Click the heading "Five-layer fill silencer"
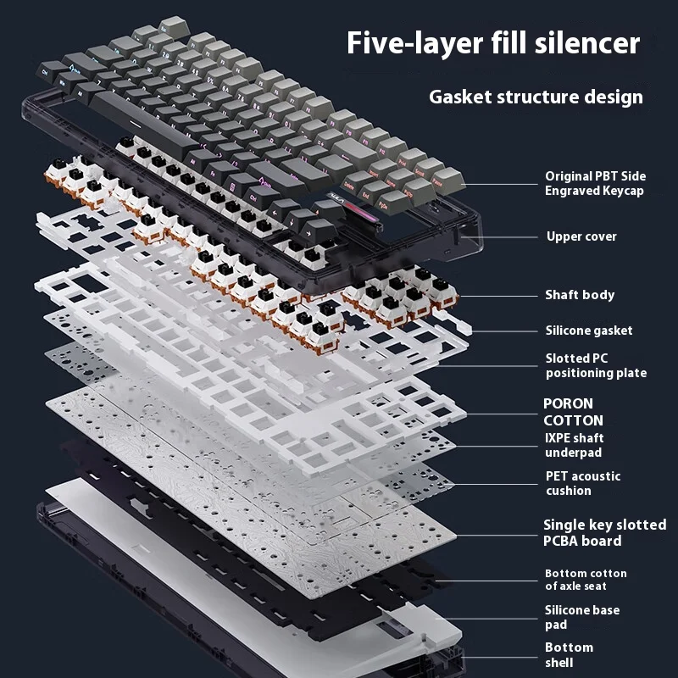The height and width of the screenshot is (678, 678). (492, 43)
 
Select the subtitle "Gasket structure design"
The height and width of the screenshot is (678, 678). (536, 97)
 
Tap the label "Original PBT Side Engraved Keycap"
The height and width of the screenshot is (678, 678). (595, 184)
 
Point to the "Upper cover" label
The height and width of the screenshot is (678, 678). (581, 236)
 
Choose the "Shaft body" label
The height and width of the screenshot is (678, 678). (580, 295)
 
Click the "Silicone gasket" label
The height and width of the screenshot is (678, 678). (589, 331)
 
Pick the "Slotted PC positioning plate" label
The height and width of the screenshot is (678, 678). (596, 366)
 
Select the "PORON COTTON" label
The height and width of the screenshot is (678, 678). (574, 412)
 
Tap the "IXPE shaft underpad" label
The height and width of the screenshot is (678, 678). (575, 446)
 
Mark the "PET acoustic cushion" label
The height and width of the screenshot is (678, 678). (583, 483)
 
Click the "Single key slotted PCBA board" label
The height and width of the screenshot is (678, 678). (604, 533)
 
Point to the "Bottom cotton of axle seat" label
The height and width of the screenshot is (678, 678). (586, 580)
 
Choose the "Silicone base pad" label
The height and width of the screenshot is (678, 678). (582, 617)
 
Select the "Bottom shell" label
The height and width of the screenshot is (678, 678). (569, 654)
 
